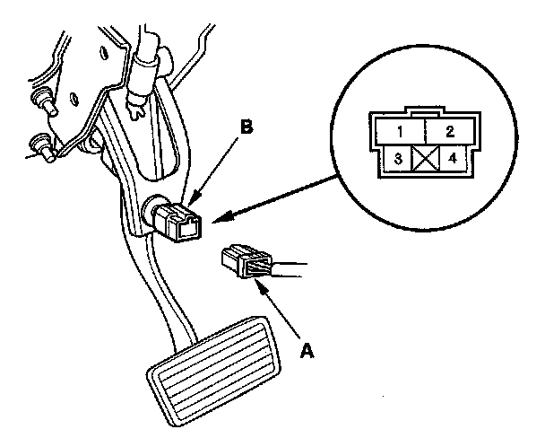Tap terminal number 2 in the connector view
(x=449, y=131)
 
